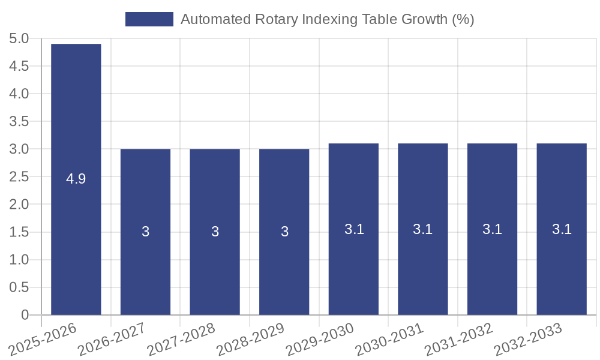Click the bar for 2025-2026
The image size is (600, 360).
(x=76, y=120)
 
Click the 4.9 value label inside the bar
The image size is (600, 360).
(x=76, y=178)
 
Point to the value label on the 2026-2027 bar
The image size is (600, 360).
(x=145, y=232)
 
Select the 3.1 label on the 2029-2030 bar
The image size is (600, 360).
(x=354, y=229)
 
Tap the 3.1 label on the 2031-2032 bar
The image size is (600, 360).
(x=492, y=229)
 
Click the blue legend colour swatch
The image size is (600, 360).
(x=149, y=19)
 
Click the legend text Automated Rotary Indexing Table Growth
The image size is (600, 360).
(x=327, y=19)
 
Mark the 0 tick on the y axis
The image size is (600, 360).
(x=25, y=315)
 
